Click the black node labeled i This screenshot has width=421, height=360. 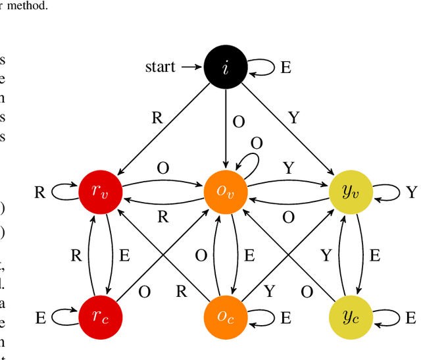(x=226, y=67)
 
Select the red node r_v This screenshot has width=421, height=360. (x=100, y=192)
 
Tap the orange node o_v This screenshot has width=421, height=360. (x=226, y=192)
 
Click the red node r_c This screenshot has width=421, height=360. (x=100, y=318)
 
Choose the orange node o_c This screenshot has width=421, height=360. (x=226, y=318)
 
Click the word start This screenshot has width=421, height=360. (x=161, y=67)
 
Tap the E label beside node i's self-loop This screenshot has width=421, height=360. (x=285, y=68)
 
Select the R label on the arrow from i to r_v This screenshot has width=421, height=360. (x=157, y=118)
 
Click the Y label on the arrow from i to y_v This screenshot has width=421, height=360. (x=294, y=118)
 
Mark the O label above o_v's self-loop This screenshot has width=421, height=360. (x=257, y=143)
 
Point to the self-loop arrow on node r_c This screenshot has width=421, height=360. (x=62, y=318)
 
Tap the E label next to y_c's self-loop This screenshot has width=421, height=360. (x=410, y=318)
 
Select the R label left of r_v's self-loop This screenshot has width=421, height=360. (x=40, y=193)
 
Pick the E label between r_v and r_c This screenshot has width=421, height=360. (x=124, y=256)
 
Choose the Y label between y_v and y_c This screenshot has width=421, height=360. (x=326, y=256)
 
